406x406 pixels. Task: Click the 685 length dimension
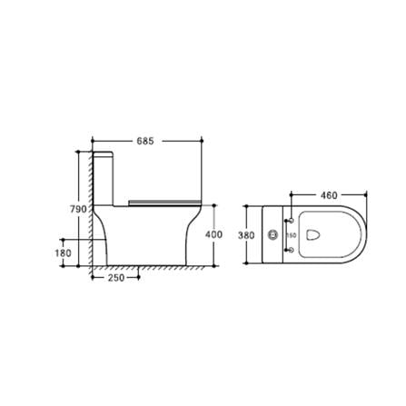[x=146, y=141]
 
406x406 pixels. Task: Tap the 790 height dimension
[x=78, y=209]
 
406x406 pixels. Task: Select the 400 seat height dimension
[x=214, y=234]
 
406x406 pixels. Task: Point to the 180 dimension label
[x=64, y=254]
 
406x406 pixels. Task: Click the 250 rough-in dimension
[x=115, y=278]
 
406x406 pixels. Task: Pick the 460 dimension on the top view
[x=329, y=195]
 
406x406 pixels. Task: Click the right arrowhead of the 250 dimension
[x=138, y=278]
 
